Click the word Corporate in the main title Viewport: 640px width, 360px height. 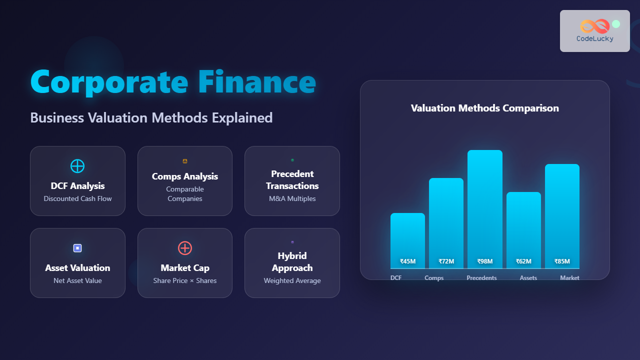(x=109, y=82)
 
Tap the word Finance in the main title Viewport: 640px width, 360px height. (x=256, y=82)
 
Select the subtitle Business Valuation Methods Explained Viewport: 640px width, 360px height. (x=151, y=118)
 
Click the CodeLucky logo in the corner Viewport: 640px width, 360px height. (x=594, y=31)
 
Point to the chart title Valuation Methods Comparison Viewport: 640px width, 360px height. (x=484, y=108)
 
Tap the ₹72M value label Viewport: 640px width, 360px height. (x=446, y=261)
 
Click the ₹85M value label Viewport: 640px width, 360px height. (x=562, y=261)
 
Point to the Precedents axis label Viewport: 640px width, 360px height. (x=481, y=278)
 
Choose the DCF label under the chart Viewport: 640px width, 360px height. (x=396, y=277)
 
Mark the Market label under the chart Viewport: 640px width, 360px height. (x=569, y=278)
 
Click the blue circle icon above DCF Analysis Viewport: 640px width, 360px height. (x=77, y=166)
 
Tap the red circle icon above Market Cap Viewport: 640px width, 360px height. (x=185, y=248)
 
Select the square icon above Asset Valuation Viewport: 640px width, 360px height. (x=77, y=248)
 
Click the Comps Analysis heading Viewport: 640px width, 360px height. (x=185, y=176)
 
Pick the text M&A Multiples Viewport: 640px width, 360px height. (x=292, y=198)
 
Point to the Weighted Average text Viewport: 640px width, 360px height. (x=292, y=280)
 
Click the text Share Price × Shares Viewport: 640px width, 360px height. (x=185, y=280)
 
